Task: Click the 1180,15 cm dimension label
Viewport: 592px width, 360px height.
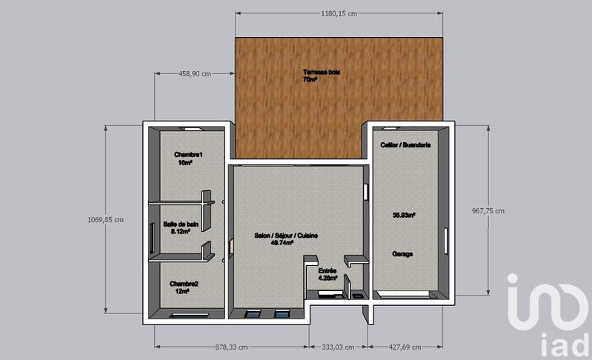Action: click(x=339, y=13)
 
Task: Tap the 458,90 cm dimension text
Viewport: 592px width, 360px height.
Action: click(x=196, y=73)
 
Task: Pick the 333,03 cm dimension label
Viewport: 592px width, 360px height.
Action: click(x=338, y=347)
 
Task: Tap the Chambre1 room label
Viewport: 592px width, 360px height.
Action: click(x=189, y=154)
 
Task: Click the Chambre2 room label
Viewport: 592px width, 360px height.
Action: click(x=184, y=284)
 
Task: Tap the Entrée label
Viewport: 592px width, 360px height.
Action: click(x=327, y=271)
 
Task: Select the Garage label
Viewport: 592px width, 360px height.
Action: click(x=402, y=253)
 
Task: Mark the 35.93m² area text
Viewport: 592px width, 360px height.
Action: click(x=403, y=216)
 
